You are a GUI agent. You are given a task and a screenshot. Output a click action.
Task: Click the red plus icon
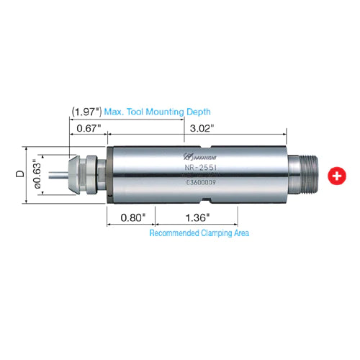tap(335, 175)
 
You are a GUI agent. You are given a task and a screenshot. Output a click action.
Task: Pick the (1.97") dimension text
tap(86, 112)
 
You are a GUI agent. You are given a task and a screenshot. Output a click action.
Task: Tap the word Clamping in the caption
tap(215, 233)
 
